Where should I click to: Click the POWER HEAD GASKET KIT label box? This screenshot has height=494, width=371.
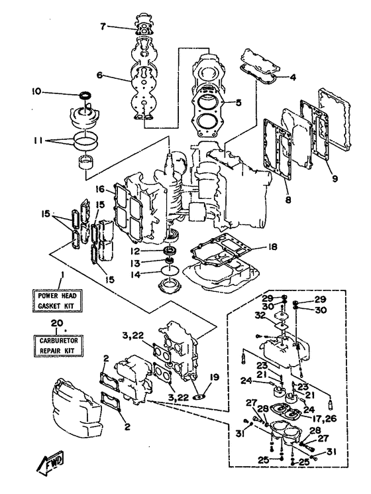58,300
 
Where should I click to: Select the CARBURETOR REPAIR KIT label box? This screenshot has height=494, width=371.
58,345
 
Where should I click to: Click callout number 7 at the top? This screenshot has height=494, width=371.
103,27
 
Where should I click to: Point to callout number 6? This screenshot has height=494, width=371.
100,76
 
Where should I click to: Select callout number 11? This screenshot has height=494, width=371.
38,141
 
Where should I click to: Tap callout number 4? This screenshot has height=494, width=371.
293,77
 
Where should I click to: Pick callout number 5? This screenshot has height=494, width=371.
238,102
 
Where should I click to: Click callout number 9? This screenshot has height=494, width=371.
335,178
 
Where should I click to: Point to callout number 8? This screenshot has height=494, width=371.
288,199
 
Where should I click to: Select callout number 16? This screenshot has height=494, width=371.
100,189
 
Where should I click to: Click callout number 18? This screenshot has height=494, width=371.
272,247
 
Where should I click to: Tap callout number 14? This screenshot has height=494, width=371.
136,275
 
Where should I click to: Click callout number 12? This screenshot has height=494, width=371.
136,251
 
